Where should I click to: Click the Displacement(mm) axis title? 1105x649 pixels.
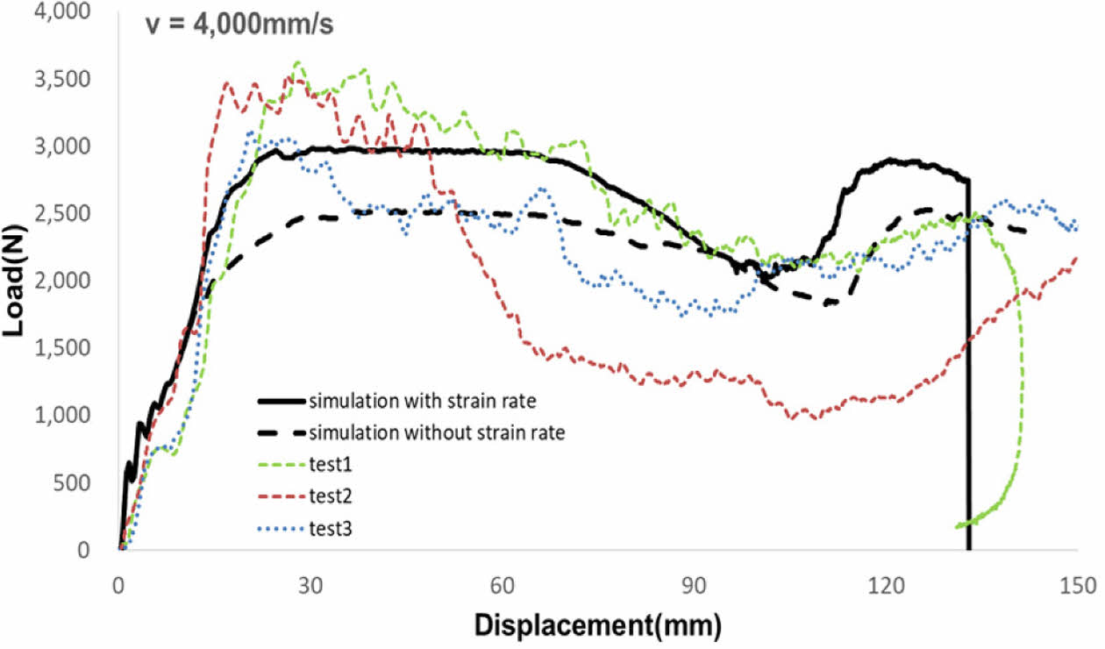598,626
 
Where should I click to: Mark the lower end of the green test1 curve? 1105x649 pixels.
957,525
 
